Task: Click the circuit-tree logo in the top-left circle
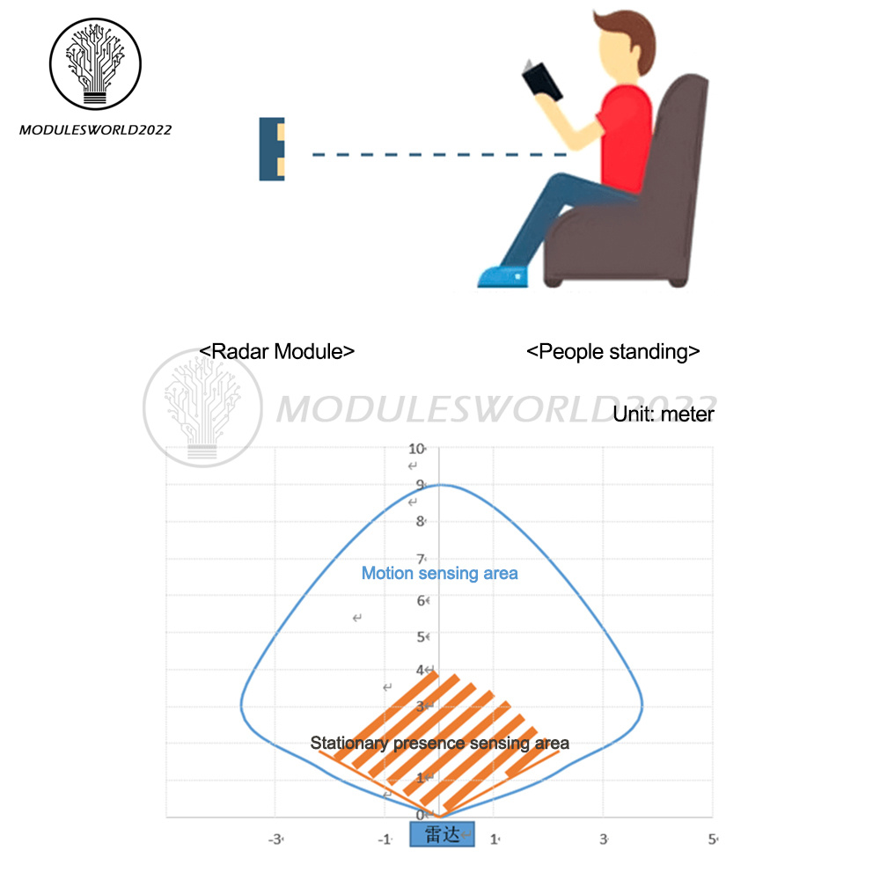94,62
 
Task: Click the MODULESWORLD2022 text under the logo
95,130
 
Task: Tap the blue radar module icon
272,150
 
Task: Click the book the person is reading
540,81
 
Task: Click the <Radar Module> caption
276,351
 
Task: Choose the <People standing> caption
613,351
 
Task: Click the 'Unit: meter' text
664,414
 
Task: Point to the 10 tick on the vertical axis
416,448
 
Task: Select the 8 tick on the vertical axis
421,521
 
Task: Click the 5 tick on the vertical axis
422,636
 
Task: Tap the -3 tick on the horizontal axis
275,839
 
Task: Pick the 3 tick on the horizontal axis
604,839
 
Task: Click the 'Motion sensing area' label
440,574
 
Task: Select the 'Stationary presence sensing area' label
440,744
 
